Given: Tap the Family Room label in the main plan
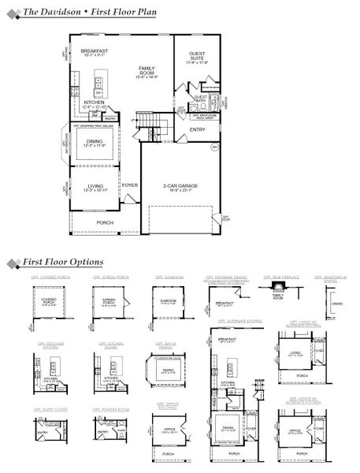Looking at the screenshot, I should click(x=147, y=70).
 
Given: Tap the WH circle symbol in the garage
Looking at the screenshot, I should click(x=213, y=147).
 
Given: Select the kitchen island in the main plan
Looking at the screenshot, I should click(x=100, y=84).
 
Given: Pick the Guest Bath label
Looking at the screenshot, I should click(x=200, y=98).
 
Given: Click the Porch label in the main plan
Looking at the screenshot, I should click(x=105, y=222).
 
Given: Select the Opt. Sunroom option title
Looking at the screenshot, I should click(x=169, y=278).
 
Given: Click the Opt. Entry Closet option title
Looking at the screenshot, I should click(x=49, y=409).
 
